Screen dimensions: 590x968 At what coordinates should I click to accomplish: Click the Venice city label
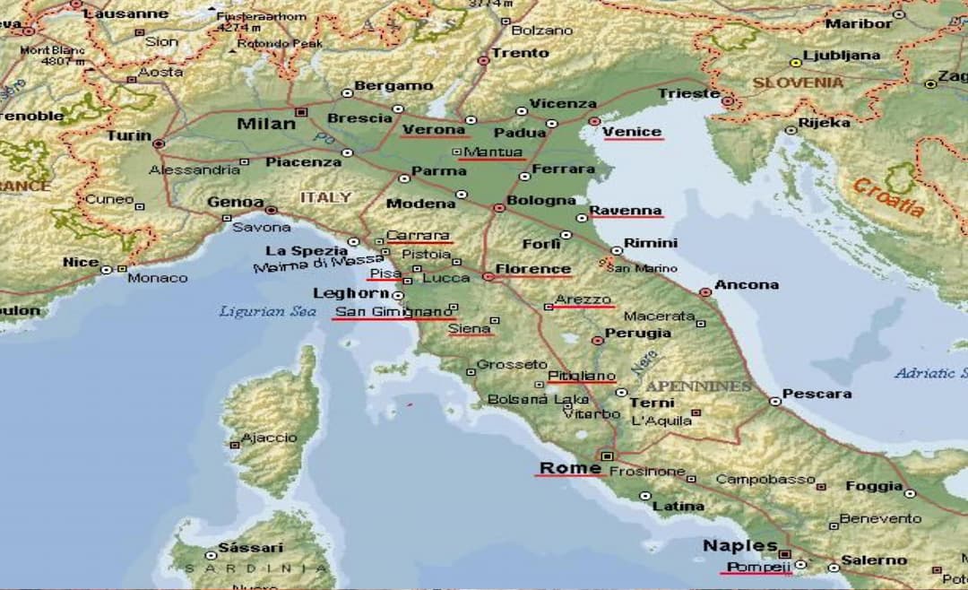point(632,132)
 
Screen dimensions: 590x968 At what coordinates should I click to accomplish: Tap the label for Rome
point(569,468)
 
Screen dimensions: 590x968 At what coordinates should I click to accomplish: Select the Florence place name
point(532,268)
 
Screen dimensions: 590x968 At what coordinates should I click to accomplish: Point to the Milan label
point(265,124)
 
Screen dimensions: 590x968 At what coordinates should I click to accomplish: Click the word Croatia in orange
point(887,197)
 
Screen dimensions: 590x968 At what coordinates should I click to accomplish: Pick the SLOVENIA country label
point(798,82)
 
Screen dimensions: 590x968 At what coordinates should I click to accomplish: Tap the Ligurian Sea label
point(255,311)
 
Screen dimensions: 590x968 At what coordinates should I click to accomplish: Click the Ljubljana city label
point(842,55)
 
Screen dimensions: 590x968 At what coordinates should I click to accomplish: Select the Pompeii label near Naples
point(757,567)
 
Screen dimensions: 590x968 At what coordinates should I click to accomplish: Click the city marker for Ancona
point(705,291)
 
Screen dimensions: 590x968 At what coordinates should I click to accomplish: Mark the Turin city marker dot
point(159,143)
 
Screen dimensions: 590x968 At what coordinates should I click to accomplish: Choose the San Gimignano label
point(393,312)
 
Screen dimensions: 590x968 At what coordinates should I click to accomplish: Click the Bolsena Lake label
point(538,399)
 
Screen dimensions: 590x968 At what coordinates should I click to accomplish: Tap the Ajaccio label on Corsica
point(269,438)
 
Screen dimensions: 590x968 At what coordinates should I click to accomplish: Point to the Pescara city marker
point(775,402)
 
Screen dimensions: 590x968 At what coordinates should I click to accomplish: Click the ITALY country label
point(325,196)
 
